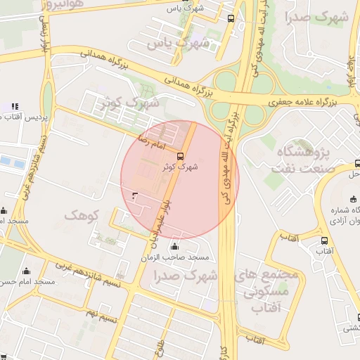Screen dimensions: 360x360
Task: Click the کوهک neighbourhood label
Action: (82, 214)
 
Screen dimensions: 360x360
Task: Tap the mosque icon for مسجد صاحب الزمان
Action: (174, 246)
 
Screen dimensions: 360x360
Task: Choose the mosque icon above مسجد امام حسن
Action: (27, 271)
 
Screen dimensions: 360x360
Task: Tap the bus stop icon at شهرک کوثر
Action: (181, 156)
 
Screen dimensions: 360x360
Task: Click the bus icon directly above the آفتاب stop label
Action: (323, 240)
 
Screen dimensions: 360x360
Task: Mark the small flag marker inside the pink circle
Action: (135, 195)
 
